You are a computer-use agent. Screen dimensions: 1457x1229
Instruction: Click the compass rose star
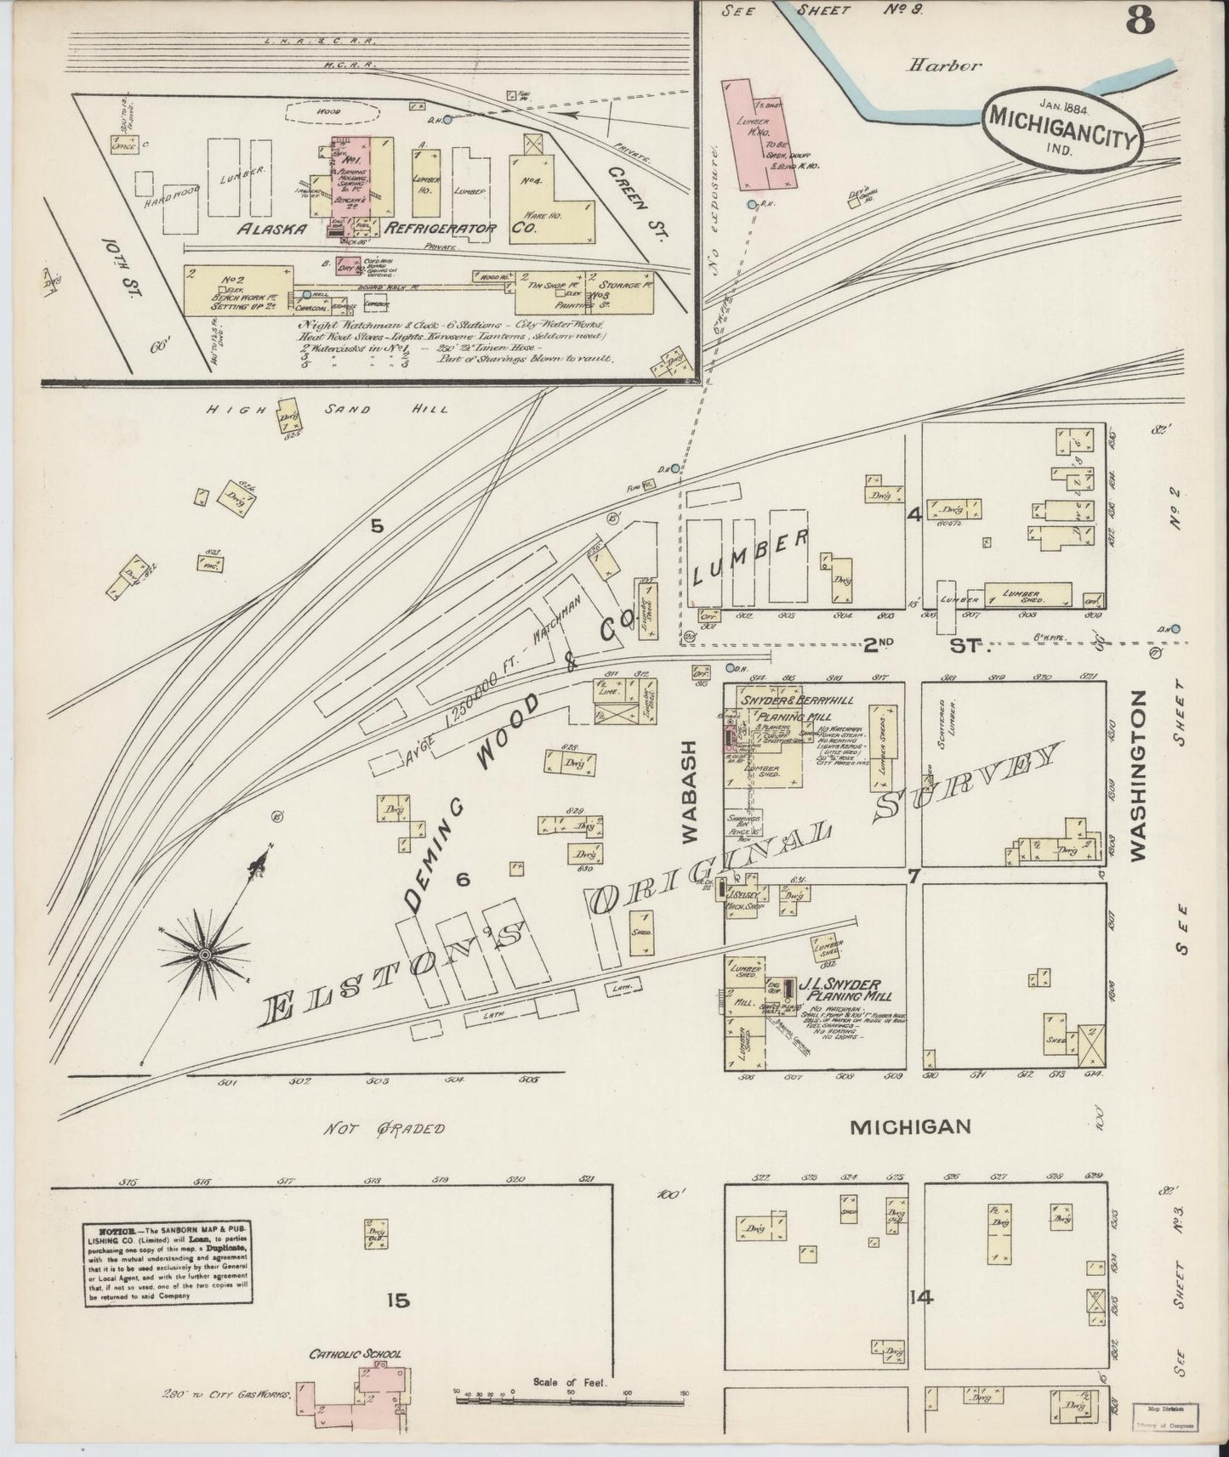tap(204, 955)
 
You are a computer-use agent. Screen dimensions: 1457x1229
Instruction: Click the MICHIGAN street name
tap(911, 1126)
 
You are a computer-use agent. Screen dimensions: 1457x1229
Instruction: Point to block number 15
tap(396, 1300)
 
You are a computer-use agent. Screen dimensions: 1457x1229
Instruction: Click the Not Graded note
tap(384, 1128)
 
